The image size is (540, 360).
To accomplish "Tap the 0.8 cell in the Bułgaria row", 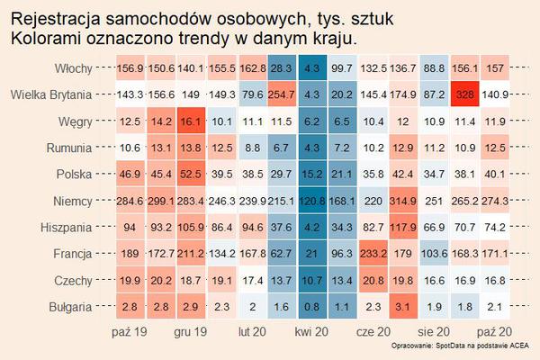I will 312,308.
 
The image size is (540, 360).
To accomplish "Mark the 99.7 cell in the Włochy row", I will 343,68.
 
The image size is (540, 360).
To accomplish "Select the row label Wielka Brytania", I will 48,94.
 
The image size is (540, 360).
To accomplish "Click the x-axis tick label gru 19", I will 190,332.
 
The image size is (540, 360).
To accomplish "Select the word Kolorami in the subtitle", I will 48,39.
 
